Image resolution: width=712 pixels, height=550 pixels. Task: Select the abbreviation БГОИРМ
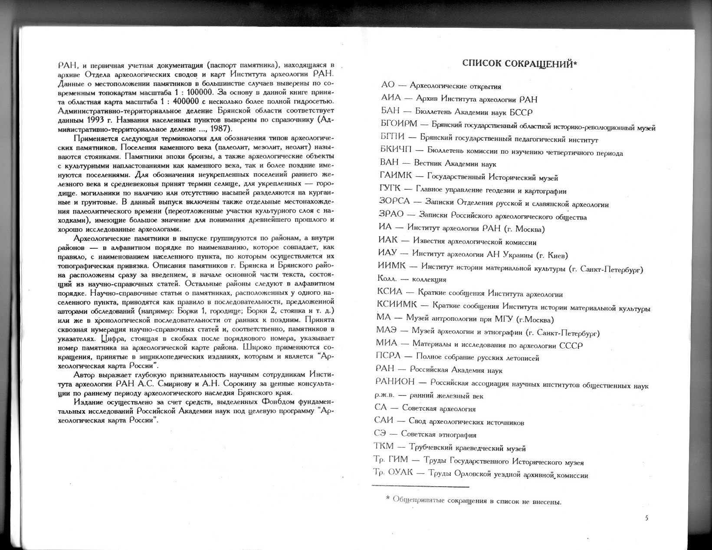click(399, 124)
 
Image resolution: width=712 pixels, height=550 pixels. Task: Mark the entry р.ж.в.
click(385, 396)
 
